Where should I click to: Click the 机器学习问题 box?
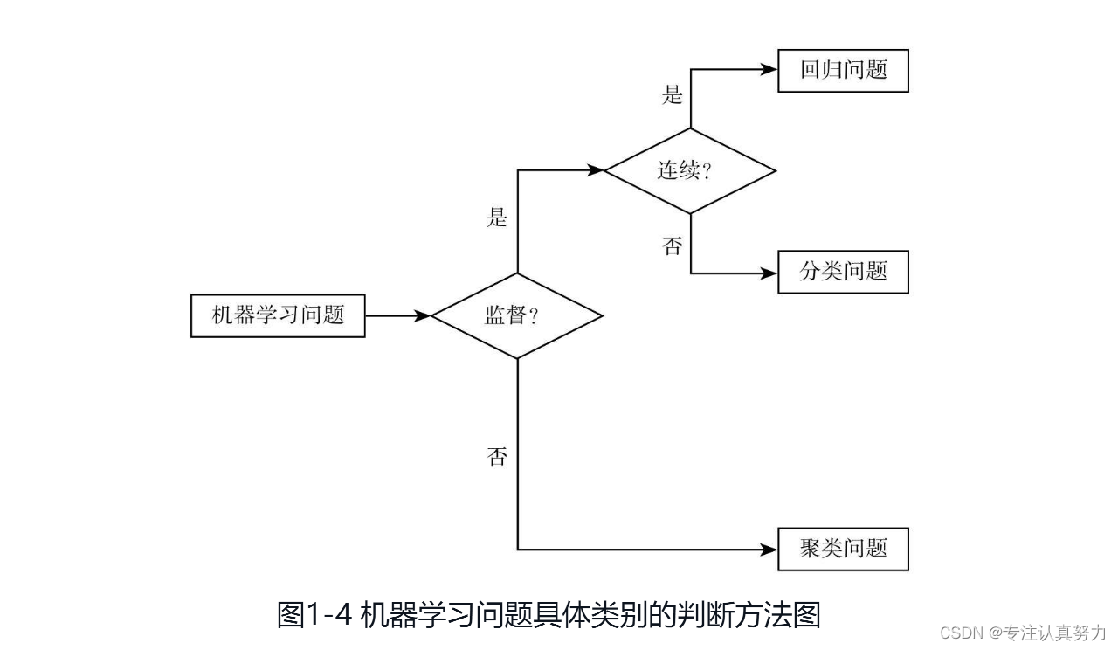(x=278, y=315)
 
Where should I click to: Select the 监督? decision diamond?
(x=517, y=315)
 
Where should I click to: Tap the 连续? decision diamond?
(x=690, y=170)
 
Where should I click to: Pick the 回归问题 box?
(x=843, y=71)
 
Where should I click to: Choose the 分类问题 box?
(x=843, y=272)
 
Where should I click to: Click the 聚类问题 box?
(x=843, y=550)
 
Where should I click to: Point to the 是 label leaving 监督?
(x=497, y=217)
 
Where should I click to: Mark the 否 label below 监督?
(x=497, y=456)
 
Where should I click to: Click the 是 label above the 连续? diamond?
(x=672, y=94)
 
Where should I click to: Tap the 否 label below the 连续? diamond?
(x=672, y=246)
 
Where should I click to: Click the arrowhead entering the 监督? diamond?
(x=424, y=315)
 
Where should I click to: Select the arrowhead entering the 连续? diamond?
(x=597, y=170)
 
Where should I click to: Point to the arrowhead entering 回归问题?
(x=769, y=71)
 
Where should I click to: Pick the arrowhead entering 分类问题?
(x=769, y=273)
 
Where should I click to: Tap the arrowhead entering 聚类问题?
(x=769, y=550)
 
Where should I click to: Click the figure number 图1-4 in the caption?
(x=314, y=615)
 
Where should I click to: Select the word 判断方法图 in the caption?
(x=751, y=615)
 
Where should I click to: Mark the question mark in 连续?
(x=707, y=172)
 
